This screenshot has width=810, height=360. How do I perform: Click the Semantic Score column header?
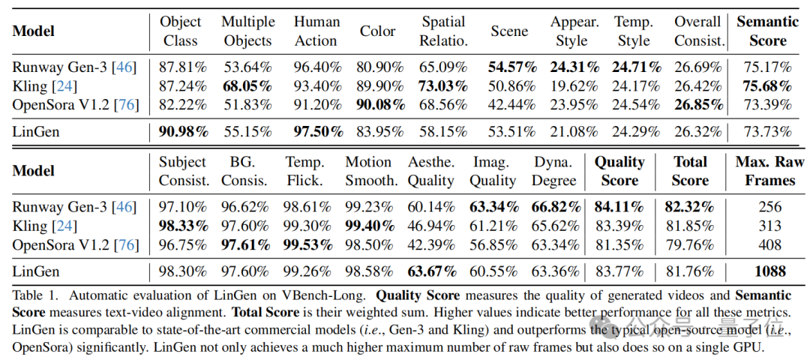(767, 31)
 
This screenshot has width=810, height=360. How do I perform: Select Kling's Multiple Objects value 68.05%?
(248, 85)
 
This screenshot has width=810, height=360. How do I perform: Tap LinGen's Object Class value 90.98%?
(183, 132)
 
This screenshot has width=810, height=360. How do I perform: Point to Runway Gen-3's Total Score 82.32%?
(690, 207)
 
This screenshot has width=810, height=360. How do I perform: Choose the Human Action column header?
(316, 31)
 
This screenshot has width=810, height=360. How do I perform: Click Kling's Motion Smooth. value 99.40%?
(370, 226)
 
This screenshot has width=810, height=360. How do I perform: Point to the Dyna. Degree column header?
(555, 171)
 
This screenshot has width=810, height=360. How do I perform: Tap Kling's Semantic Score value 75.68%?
(767, 85)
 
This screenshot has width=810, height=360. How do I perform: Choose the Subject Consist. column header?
(183, 171)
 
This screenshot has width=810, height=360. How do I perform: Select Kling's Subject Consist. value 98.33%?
(183, 226)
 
